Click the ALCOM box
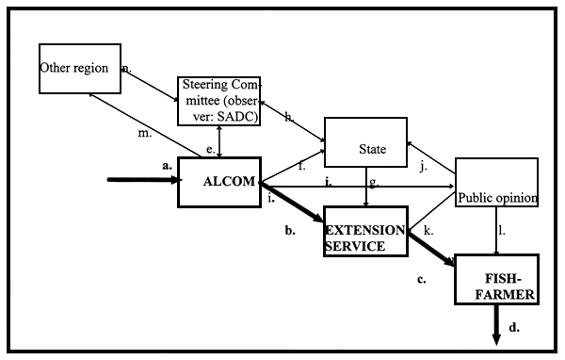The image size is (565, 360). click(x=218, y=182)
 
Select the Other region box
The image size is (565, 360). click(x=80, y=68)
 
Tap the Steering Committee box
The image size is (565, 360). click(x=218, y=101)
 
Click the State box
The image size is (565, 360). click(x=365, y=148)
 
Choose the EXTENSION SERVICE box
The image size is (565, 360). click(x=365, y=231)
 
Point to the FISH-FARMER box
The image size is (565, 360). click(x=496, y=280)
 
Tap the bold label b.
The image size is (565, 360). click(x=291, y=230)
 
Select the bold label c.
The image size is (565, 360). click(x=422, y=279)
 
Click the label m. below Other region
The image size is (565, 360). click(x=144, y=133)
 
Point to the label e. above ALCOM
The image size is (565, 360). click(x=211, y=149)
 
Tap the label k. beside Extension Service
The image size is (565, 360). click(x=428, y=230)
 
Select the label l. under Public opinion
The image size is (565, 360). click(x=502, y=230)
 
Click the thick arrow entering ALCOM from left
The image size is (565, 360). click(x=141, y=182)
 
